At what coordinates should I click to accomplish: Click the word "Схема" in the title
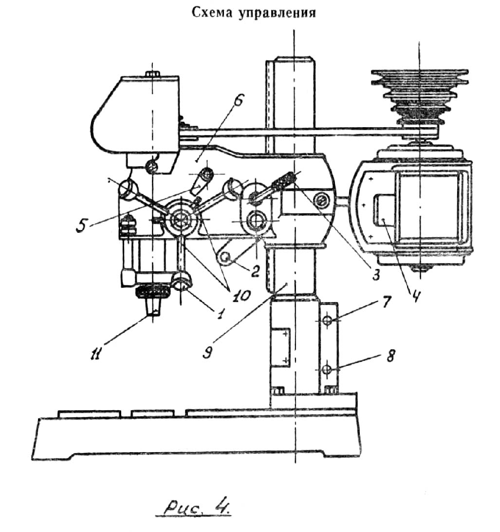tap(212, 13)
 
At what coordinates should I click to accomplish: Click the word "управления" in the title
tap(277, 13)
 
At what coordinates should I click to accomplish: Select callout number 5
tap(81, 225)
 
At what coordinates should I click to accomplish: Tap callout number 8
tap(390, 356)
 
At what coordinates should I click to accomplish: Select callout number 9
tap(207, 353)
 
